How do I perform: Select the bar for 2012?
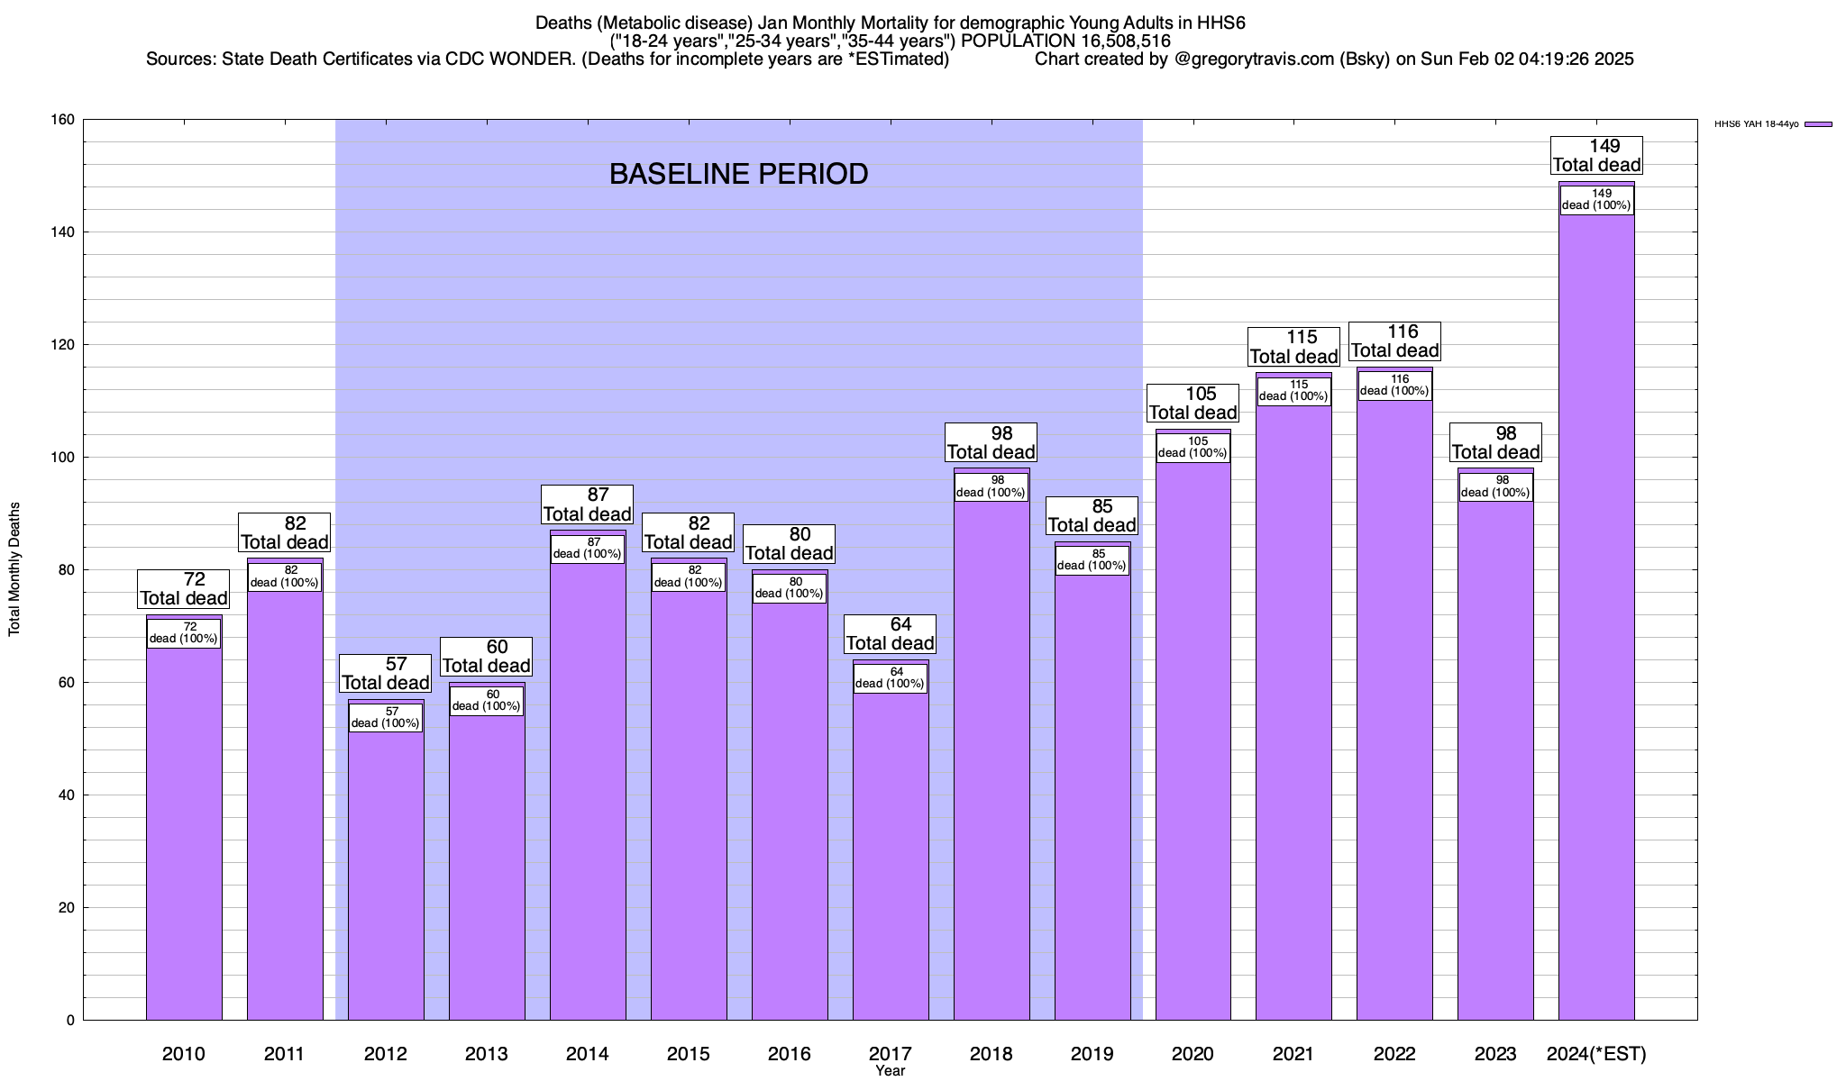(386, 874)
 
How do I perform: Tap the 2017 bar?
(891, 856)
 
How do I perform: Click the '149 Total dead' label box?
(1596, 156)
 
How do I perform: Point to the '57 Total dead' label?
(386, 674)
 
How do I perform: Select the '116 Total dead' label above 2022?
(1394, 341)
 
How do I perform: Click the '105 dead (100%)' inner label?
(1193, 448)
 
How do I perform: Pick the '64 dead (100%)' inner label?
(891, 678)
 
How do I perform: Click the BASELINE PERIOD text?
(738, 174)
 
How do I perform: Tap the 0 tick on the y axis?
(70, 1021)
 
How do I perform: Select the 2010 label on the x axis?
(184, 1054)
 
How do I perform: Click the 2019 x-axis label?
(1092, 1054)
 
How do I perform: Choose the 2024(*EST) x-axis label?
(1596, 1054)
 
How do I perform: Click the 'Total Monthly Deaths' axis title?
(14, 569)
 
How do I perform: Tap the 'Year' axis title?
(890, 1071)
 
